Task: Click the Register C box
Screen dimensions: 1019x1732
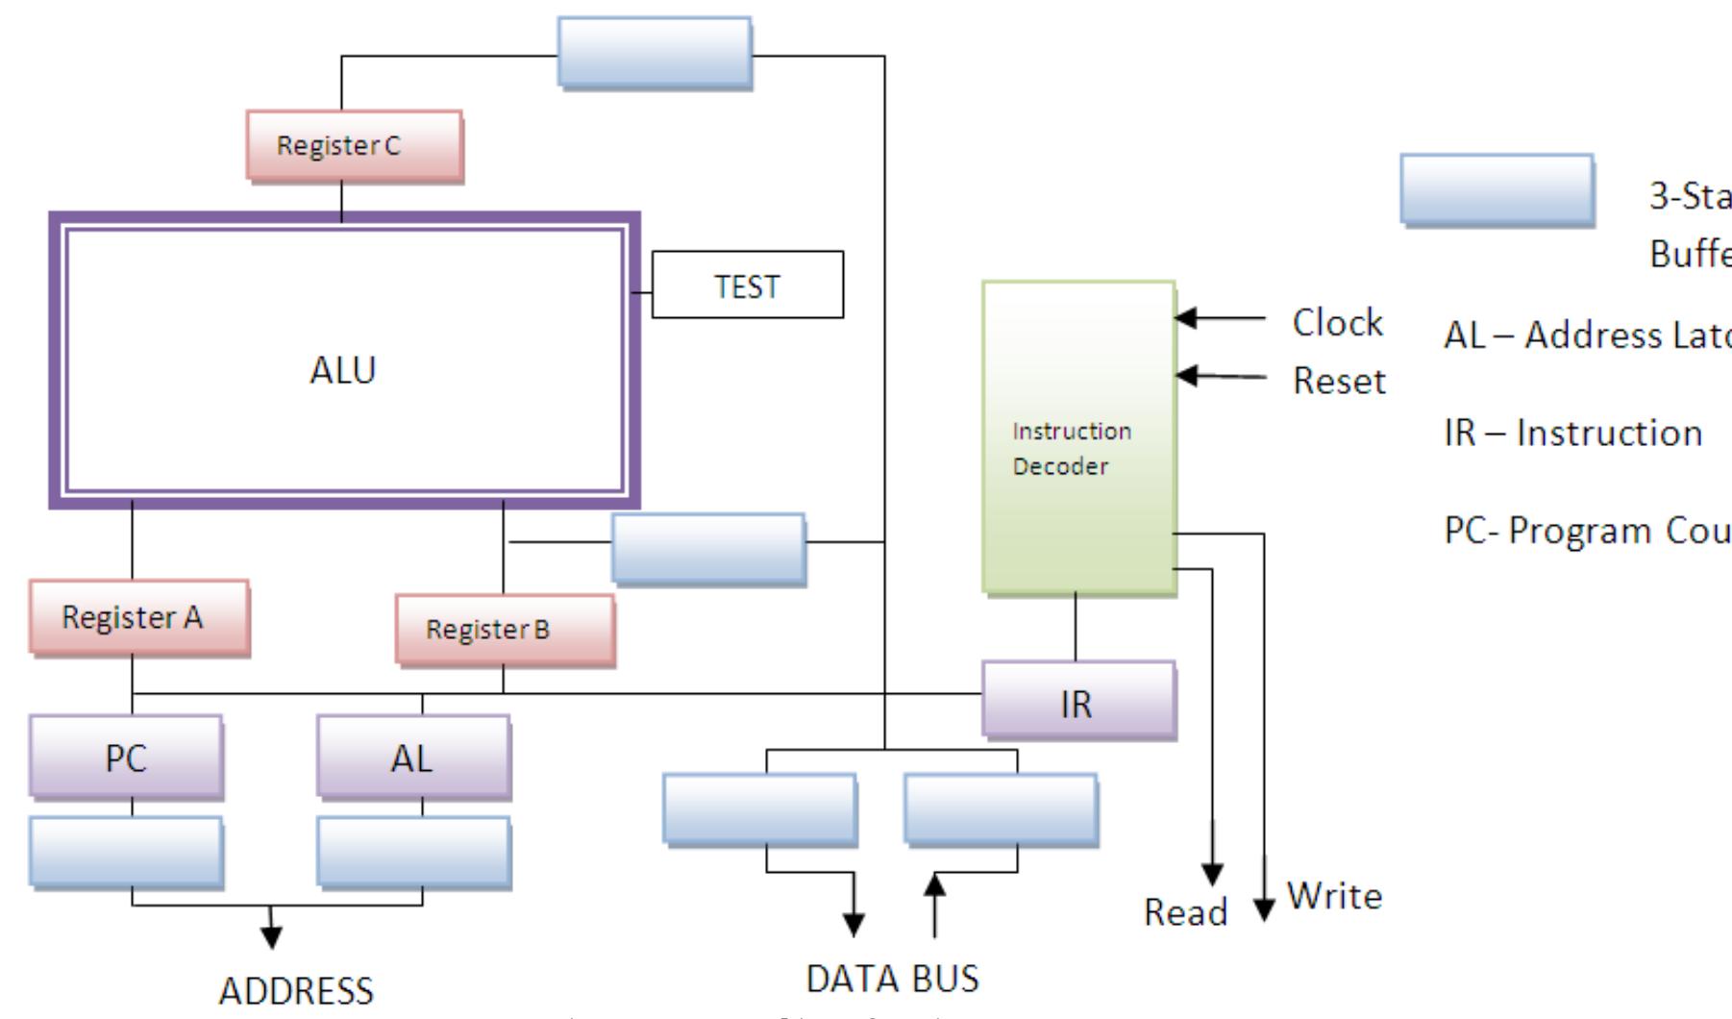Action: [x=354, y=146]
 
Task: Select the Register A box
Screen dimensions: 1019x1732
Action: [x=138, y=617]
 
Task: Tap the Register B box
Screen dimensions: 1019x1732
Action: [x=505, y=630]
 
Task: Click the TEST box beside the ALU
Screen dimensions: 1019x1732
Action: [x=748, y=286]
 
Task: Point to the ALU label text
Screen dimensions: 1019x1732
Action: [x=343, y=370]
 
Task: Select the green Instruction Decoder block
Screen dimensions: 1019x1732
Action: [x=1078, y=437]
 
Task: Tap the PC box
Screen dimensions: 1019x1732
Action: [x=126, y=758]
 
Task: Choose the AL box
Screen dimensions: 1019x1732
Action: [x=413, y=758]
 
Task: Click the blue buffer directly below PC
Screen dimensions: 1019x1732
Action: [x=126, y=852]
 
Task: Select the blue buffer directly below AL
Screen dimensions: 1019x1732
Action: [x=413, y=852]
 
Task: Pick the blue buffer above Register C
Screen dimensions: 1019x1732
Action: [x=655, y=53]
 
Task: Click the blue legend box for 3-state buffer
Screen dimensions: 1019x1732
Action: [x=1497, y=189]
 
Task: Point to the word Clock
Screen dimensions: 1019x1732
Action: [x=1337, y=322]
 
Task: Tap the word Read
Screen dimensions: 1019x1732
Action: [x=1185, y=911]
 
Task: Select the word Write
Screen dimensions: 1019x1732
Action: [x=1334, y=896]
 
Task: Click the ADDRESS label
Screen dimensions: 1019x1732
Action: [x=296, y=990]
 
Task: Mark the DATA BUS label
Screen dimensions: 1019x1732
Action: [x=892, y=979]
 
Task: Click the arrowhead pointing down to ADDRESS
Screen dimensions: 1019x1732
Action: [x=272, y=937]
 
